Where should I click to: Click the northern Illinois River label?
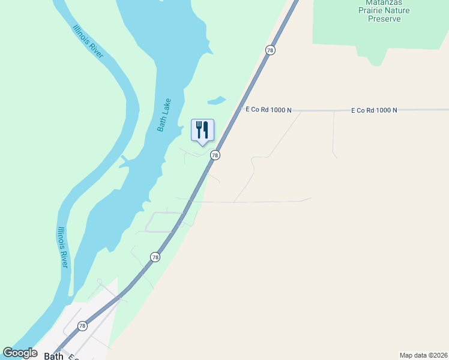tap(88, 41)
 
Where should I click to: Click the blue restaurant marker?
tap(202, 130)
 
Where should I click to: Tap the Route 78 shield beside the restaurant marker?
tap(215, 155)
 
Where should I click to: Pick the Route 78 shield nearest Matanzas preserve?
tap(270, 50)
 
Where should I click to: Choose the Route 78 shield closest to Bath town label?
tap(82, 326)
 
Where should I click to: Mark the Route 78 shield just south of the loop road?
tap(155, 257)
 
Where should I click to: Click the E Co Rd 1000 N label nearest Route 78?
tap(268, 110)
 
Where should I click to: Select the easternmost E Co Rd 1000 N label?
tap(375, 110)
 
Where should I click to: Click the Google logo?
tap(20, 353)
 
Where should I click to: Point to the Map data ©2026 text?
tap(423, 355)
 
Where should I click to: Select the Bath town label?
tap(53, 356)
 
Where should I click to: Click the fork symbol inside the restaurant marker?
tap(199, 129)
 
